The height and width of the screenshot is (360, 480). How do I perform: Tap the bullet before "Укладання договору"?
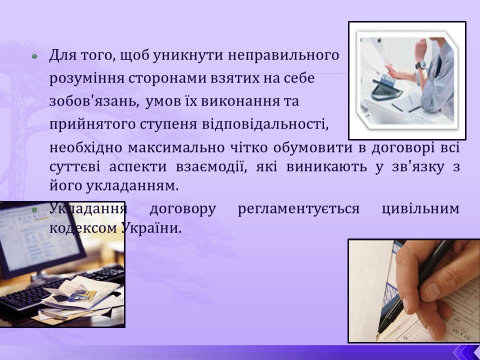point(35,210)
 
